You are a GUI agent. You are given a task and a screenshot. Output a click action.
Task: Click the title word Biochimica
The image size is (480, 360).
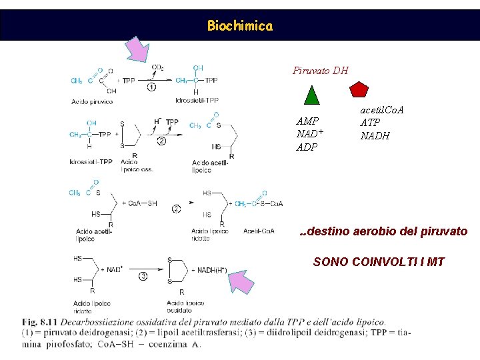[x=239, y=26]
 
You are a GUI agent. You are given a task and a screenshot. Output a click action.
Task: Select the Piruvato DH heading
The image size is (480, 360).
[x=320, y=70]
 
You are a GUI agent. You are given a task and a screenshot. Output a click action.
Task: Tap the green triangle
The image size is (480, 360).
[x=312, y=95]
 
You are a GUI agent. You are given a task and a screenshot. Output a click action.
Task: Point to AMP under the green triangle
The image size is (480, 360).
[x=307, y=121]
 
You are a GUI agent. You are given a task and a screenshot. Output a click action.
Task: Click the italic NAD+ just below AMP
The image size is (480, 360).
[x=310, y=133]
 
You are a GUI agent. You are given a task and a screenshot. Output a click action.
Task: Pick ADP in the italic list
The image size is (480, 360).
[x=307, y=147]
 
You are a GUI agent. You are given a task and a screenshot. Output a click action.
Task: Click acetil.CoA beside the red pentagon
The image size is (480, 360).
[x=382, y=109]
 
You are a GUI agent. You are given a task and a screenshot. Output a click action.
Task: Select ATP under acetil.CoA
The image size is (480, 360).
[x=370, y=123]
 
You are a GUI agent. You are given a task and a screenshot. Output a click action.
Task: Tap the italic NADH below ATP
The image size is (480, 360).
[x=375, y=136]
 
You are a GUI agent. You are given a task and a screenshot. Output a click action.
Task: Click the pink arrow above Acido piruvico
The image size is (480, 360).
[x=139, y=49]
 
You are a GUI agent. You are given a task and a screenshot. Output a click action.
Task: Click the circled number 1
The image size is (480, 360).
[x=151, y=87]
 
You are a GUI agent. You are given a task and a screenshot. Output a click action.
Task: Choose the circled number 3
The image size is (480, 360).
[x=143, y=276]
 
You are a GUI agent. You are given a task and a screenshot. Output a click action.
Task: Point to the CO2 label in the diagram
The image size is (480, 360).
[x=158, y=67]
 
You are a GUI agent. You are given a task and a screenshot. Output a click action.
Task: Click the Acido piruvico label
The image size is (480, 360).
[x=91, y=101]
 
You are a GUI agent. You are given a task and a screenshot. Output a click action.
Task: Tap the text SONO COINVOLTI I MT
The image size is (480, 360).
[x=379, y=262]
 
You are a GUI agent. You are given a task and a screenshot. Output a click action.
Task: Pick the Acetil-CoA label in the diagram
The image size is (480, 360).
[x=258, y=231]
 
